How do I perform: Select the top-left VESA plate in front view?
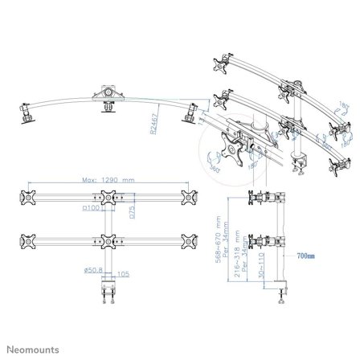pyautogui.click(x=30, y=198)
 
